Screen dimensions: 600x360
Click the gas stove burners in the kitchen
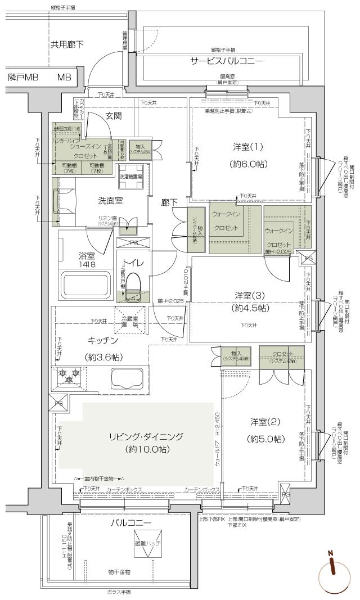tap(70, 375)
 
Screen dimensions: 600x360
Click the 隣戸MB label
tap(23, 77)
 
